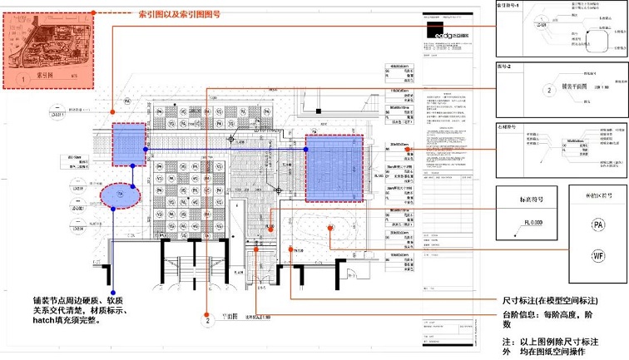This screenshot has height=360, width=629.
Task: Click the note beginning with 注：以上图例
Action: (551, 347)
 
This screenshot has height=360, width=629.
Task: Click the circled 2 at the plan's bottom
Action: (206, 318)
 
